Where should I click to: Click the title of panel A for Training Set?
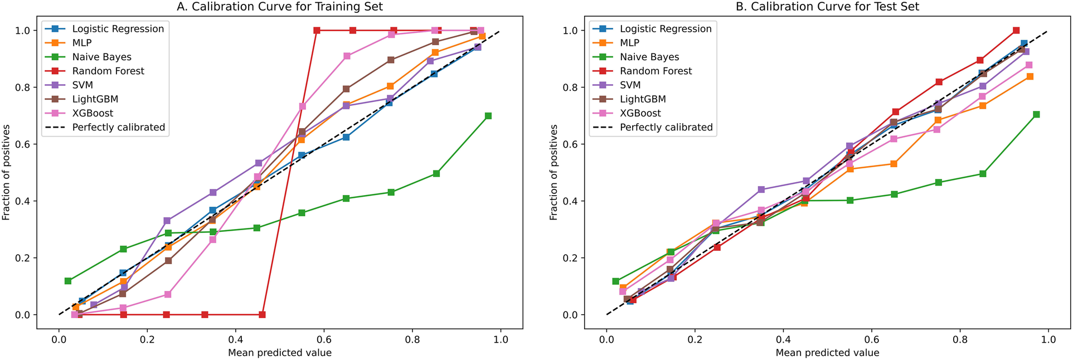(x=279, y=7)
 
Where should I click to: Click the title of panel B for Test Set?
(x=827, y=7)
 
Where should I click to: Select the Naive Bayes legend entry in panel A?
(x=101, y=57)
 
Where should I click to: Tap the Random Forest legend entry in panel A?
(x=108, y=71)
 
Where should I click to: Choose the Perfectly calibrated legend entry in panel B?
(x=666, y=127)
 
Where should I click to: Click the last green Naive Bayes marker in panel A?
(x=488, y=116)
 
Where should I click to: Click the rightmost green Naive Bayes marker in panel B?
(x=1036, y=114)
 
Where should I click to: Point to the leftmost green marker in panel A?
(x=68, y=281)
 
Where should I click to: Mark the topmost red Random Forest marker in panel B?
(x=1016, y=31)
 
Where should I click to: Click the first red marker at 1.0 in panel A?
(x=317, y=31)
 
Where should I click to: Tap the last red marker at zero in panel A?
(x=262, y=315)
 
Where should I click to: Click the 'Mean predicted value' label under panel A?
(x=279, y=353)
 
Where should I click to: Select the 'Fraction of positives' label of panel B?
(x=553, y=172)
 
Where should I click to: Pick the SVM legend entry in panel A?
(x=82, y=85)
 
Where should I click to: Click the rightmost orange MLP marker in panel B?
(x=1030, y=76)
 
